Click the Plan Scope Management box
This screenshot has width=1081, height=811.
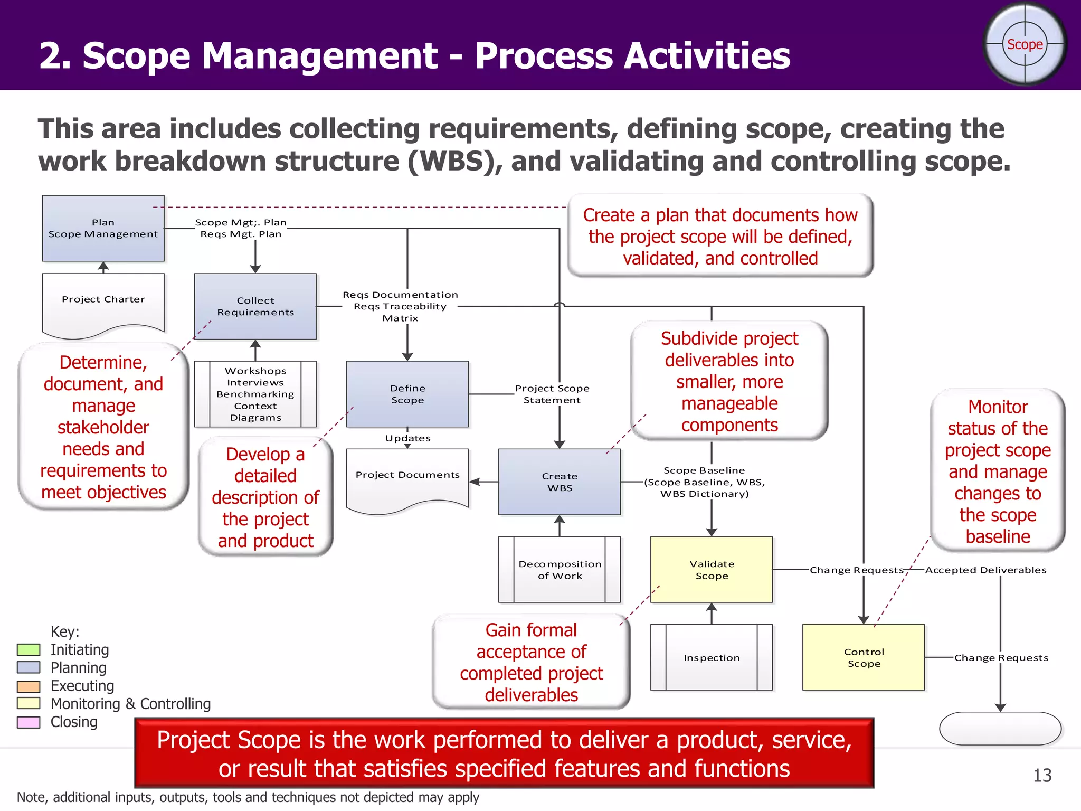(103, 228)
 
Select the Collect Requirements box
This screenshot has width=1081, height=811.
(255, 306)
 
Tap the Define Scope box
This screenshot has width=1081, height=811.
(407, 394)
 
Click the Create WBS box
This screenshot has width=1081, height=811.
(560, 482)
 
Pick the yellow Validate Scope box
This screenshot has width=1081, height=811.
(712, 570)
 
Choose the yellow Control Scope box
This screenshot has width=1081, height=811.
(864, 657)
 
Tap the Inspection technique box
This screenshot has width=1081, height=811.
(712, 657)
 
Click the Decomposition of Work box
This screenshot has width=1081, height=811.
(560, 570)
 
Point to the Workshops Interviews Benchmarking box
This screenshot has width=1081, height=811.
(255, 394)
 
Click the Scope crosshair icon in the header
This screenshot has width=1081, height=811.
(1025, 44)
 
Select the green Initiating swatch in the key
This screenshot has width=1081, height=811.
(29, 649)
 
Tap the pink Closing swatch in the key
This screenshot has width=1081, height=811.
(29, 722)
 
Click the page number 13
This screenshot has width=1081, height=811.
(1042, 775)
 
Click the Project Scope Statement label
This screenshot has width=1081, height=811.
(552, 394)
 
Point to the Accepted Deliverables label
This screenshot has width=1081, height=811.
(985, 570)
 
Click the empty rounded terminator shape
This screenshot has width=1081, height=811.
(1000, 729)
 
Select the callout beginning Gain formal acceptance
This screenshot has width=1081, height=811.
(531, 662)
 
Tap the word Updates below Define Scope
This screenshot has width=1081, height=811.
(407, 438)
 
